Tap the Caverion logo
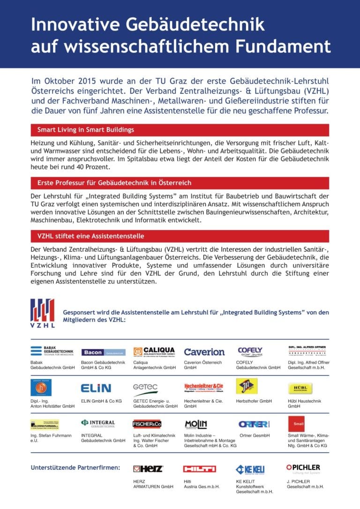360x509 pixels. pyautogui.click(x=204, y=352)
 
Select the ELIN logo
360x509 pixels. pyautogui.click(x=96, y=388)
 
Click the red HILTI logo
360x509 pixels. pyautogui.click(x=199, y=469)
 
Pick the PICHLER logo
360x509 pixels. pyautogui.click(x=303, y=468)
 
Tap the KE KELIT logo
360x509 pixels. pyautogui.click(x=250, y=469)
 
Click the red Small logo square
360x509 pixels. pyautogui.click(x=296, y=424)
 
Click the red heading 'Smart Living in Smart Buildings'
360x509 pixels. pyautogui.click(x=86, y=130)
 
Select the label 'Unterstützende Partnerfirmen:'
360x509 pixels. pyautogui.click(x=75, y=467)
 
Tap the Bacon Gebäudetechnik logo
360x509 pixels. pyautogui.click(x=103, y=352)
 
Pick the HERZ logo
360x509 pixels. pyautogui.click(x=148, y=469)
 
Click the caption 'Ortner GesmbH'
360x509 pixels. pyautogui.click(x=255, y=436)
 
